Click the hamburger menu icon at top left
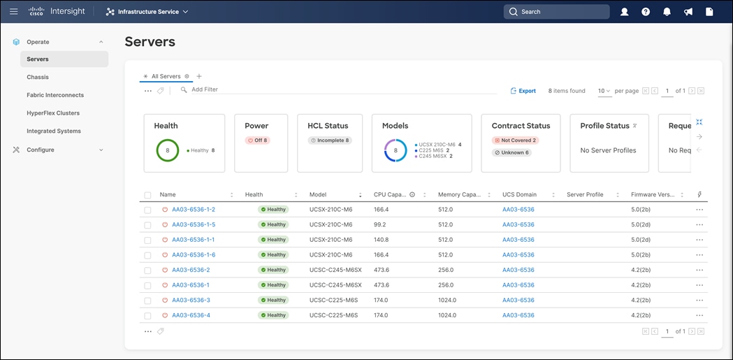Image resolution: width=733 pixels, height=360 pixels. click(14, 11)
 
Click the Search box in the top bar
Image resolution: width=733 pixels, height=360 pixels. click(556, 11)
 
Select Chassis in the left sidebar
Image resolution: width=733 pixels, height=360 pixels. click(38, 77)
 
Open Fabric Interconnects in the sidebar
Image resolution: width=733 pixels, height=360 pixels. click(55, 95)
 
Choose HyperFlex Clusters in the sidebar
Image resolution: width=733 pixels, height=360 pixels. click(53, 113)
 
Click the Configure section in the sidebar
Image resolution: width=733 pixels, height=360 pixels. click(40, 150)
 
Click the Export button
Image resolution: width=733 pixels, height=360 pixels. click(523, 91)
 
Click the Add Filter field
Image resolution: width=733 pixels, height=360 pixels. click(205, 89)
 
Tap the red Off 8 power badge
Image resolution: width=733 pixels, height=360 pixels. click(257, 141)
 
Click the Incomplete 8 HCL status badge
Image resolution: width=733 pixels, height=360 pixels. click(330, 141)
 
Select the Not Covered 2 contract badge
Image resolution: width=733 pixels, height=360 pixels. click(515, 141)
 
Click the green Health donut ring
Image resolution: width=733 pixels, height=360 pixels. click(168, 150)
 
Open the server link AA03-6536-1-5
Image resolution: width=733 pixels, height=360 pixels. click(194, 224)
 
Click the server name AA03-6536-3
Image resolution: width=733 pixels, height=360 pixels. click(191, 300)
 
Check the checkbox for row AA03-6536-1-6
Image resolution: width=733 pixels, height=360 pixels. click(147, 255)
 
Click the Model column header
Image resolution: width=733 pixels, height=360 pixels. click(318, 194)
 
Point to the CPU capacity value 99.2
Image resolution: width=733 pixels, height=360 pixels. click(380, 224)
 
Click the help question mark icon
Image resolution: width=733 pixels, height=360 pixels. click(646, 11)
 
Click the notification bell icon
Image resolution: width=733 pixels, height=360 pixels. click(667, 11)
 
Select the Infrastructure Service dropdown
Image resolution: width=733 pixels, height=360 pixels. click(147, 11)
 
